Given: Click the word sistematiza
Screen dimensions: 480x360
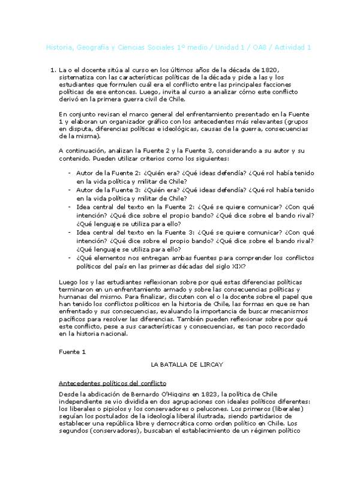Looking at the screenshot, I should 77,78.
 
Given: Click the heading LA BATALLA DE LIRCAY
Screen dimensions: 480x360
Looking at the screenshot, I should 179,364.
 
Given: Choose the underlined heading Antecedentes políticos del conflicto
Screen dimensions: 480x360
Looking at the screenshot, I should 112,383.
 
